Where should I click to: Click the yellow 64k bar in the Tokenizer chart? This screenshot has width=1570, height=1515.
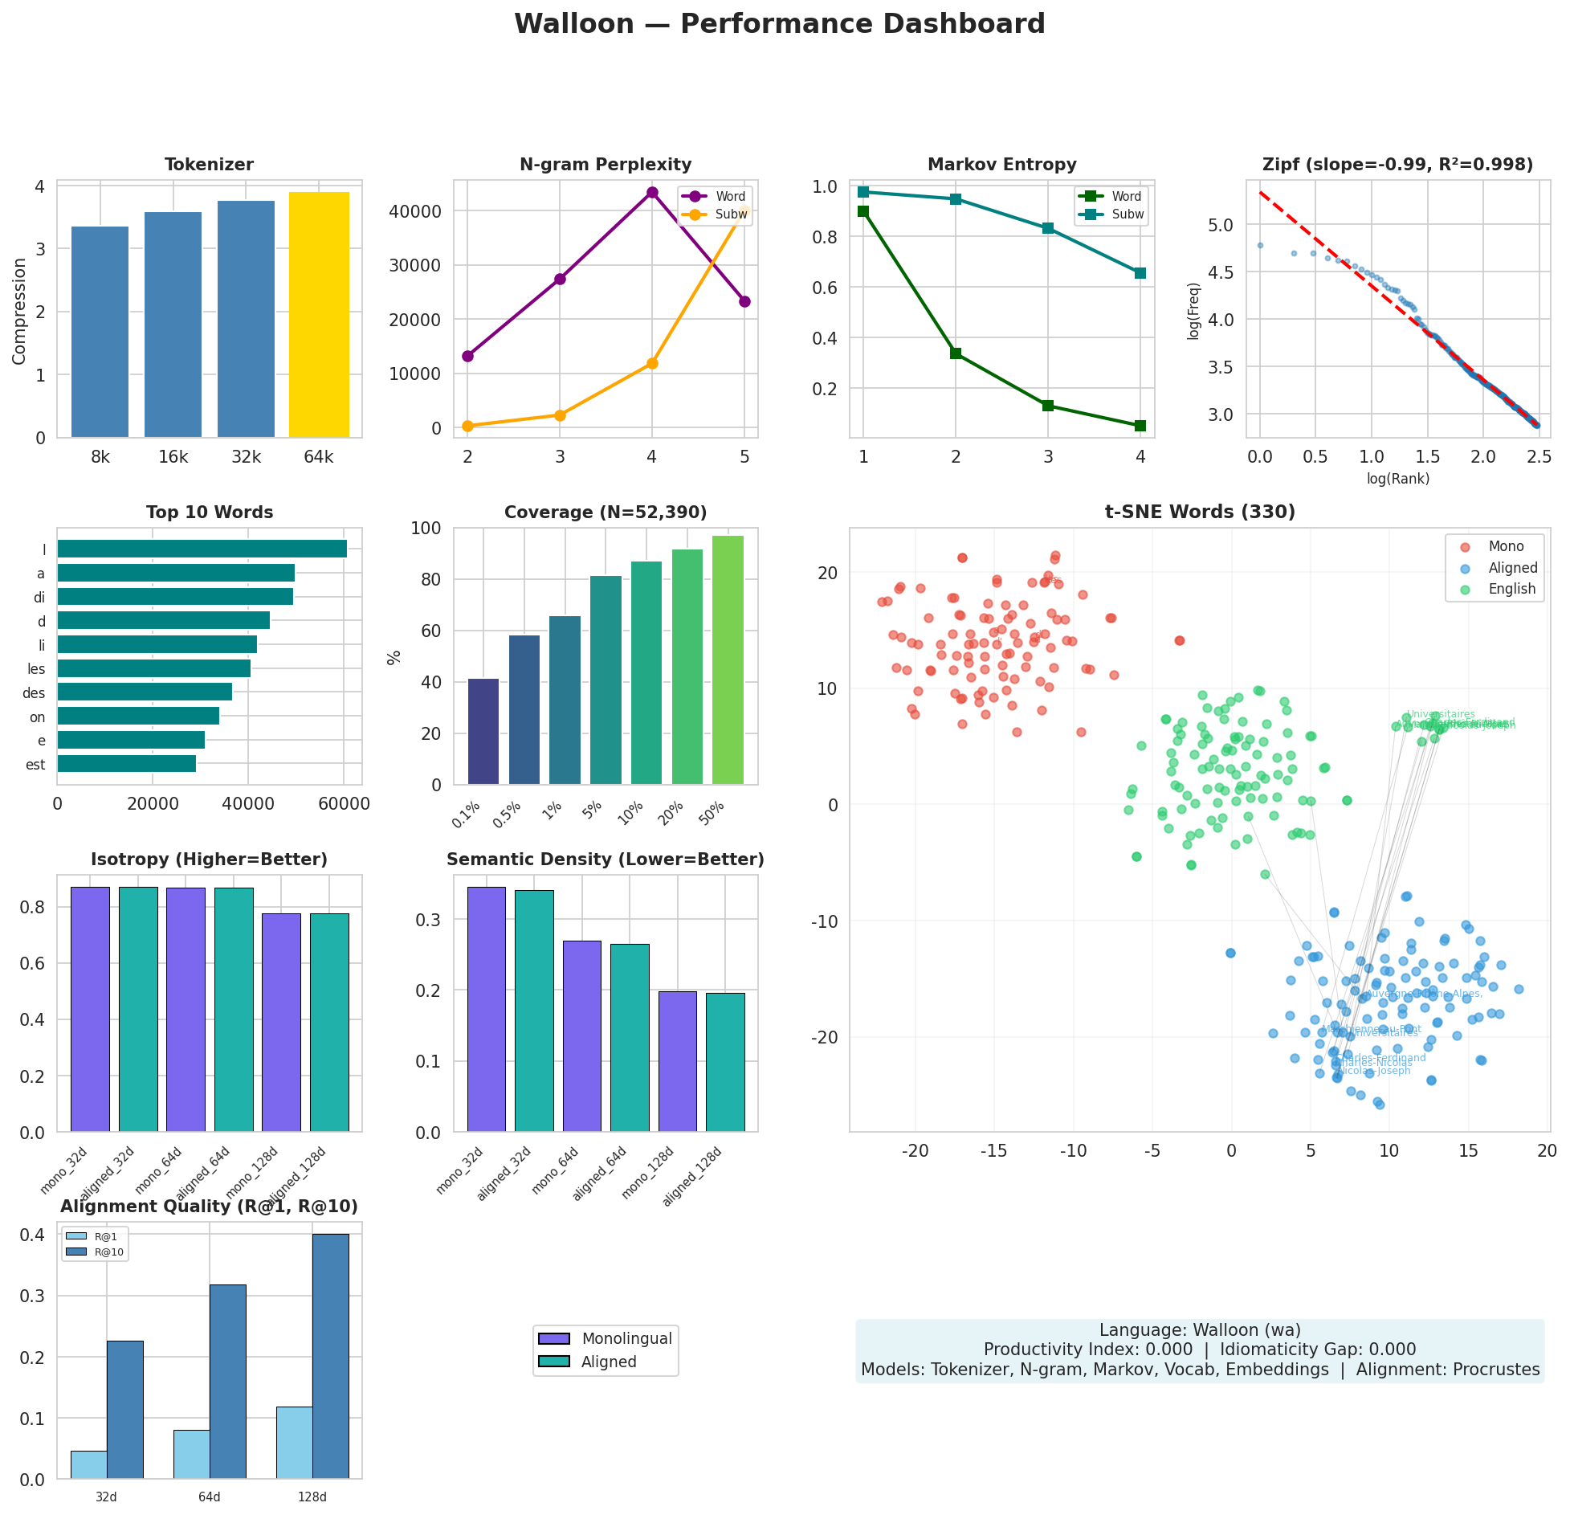pos(319,314)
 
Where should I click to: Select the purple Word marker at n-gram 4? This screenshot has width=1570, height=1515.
pos(652,192)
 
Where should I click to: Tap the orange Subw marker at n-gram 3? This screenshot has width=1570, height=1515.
pos(560,415)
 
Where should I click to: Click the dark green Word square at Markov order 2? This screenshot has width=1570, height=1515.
pos(956,353)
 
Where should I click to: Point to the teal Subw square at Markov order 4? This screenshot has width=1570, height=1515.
pos(1140,273)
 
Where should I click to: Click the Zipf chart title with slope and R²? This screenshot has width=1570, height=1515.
pos(1397,165)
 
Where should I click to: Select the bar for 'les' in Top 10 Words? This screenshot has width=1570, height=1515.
pos(153,668)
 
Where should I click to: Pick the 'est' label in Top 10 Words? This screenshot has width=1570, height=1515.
pos(35,765)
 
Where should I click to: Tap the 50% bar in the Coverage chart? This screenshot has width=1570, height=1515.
pos(728,659)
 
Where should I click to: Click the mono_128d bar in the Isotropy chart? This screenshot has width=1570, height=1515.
pos(281,1022)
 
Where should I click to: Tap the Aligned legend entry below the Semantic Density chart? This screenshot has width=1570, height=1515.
pos(608,1362)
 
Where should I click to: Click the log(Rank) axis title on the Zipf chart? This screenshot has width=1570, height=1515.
pos(1397,479)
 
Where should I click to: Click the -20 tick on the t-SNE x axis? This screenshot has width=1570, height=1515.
pos(915,1151)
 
